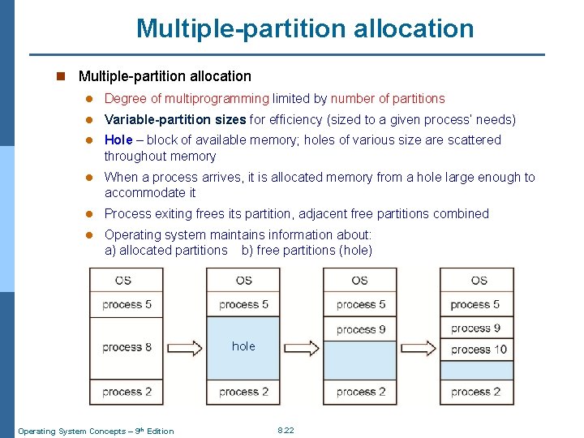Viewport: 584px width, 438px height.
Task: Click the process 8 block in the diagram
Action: (x=127, y=347)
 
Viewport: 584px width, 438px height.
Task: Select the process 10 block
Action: (x=479, y=350)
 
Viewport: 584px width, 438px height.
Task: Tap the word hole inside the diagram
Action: (x=243, y=346)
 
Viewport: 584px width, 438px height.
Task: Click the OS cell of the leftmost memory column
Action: (x=123, y=281)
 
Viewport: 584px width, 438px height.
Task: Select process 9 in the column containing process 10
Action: (x=476, y=328)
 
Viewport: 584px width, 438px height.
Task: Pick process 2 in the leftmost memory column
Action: (x=127, y=392)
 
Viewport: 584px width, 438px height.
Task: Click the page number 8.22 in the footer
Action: (x=286, y=430)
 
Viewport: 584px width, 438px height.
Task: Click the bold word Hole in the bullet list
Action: (x=118, y=140)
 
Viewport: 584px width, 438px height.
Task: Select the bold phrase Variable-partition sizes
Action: (x=175, y=120)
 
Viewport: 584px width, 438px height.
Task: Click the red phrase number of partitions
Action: (x=388, y=99)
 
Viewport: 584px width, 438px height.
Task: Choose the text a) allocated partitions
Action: (x=166, y=251)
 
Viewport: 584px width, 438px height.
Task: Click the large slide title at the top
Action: (x=305, y=28)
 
